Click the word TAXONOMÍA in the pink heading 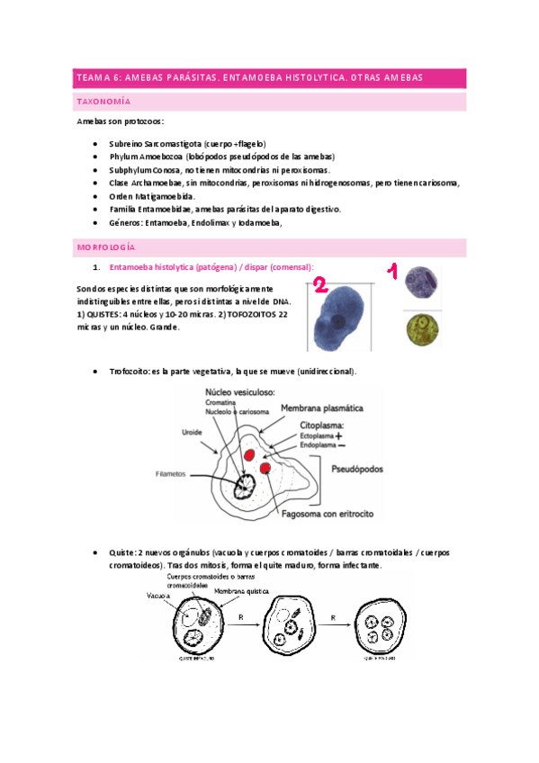click(106, 103)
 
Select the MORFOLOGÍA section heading click(106, 247)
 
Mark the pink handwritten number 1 click(391, 270)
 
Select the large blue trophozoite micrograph click(338, 309)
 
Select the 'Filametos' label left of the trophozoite click(170, 472)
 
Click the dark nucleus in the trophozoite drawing click(244, 487)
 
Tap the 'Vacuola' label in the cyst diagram click(158, 596)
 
